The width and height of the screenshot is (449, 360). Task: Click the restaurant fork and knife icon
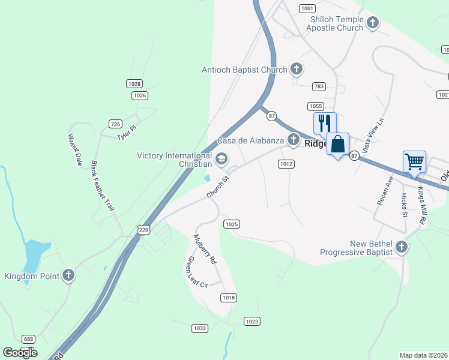[x=325, y=123]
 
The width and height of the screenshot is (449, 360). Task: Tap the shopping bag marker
[x=338, y=145]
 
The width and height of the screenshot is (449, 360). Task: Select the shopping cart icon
[x=415, y=161]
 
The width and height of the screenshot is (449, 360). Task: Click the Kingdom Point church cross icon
[x=68, y=275]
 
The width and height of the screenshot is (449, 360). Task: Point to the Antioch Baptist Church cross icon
[x=296, y=70]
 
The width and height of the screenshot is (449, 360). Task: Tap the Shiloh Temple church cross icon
[x=372, y=23]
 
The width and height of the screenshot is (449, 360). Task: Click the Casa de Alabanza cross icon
[x=293, y=140]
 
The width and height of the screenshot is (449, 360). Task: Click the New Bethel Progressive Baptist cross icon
[x=402, y=247]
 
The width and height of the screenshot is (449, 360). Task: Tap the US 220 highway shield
[x=143, y=229]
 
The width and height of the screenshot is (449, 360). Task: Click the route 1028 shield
[x=134, y=83]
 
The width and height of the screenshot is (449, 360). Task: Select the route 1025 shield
[x=232, y=224]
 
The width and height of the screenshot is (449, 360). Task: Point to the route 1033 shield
[x=200, y=328]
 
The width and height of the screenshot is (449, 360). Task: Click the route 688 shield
[x=28, y=339]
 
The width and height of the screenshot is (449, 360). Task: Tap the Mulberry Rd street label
[x=205, y=249]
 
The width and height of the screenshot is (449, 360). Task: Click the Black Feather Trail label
[x=103, y=185]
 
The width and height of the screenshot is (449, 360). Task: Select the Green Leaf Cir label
[x=197, y=272]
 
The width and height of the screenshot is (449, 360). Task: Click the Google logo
[x=20, y=352]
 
